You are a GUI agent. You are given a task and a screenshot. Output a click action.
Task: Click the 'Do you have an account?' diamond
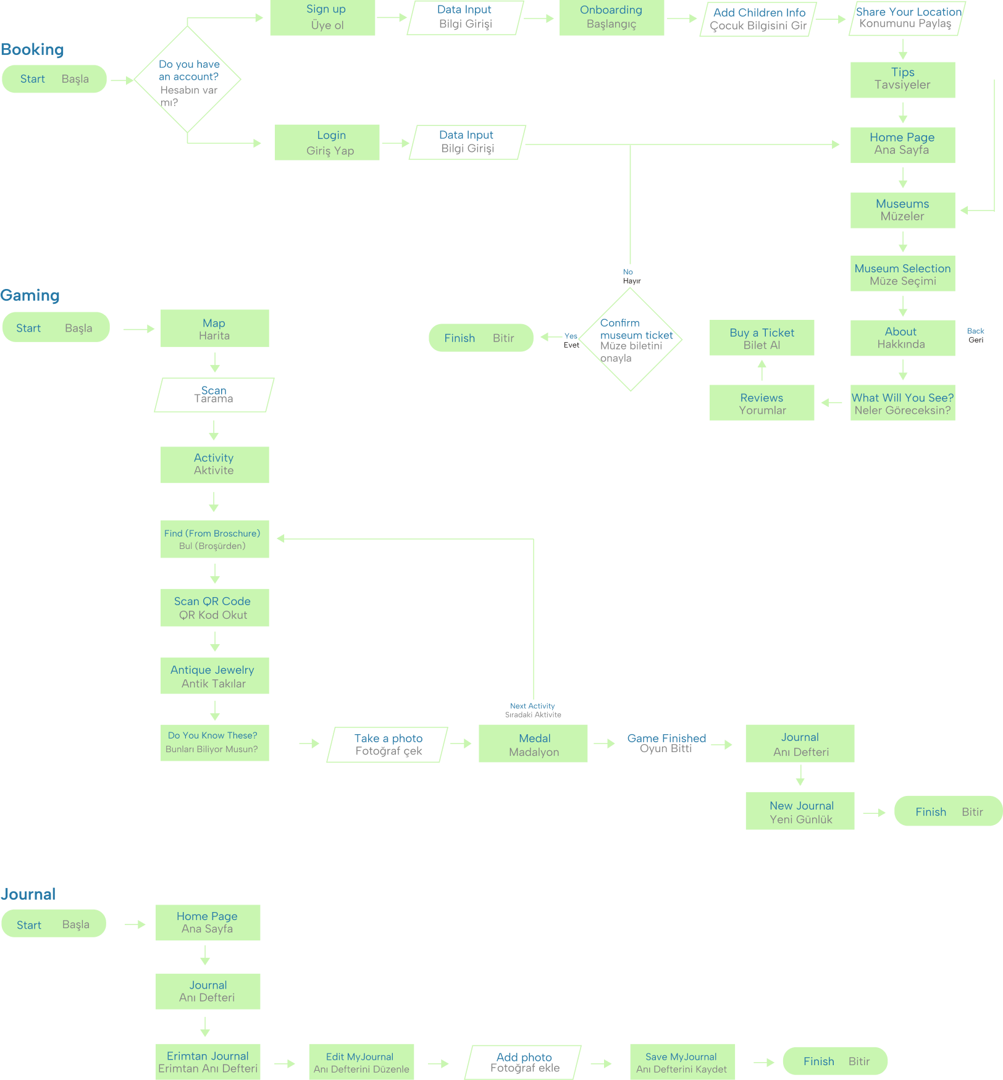187,80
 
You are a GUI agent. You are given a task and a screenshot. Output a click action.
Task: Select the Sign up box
322,17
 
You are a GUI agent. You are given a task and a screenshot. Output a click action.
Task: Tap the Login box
327,143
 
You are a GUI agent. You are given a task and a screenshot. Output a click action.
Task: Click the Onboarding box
611,17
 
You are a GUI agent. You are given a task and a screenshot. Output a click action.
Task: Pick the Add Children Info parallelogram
758,19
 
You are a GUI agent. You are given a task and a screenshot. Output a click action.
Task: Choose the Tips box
902,79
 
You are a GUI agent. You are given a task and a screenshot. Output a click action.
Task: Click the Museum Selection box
902,274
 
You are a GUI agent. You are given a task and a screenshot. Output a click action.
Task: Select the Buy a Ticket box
762,338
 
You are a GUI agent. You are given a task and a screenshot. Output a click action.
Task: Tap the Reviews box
762,403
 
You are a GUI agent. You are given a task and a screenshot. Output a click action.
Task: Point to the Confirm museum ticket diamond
631,340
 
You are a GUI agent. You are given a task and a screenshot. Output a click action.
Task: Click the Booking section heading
32,49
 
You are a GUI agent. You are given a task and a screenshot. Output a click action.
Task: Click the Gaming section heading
30,295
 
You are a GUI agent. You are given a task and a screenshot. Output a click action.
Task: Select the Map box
214,329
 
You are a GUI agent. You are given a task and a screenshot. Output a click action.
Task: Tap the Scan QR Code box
214,608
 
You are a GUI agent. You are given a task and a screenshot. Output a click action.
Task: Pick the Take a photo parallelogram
388,744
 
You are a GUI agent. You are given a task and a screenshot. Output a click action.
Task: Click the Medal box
534,744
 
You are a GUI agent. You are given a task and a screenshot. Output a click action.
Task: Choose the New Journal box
800,811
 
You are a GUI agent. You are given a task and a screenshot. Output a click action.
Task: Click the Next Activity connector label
532,710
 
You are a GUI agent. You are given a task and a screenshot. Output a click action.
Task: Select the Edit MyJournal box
361,1062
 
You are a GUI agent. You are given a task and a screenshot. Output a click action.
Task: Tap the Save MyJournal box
682,1062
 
